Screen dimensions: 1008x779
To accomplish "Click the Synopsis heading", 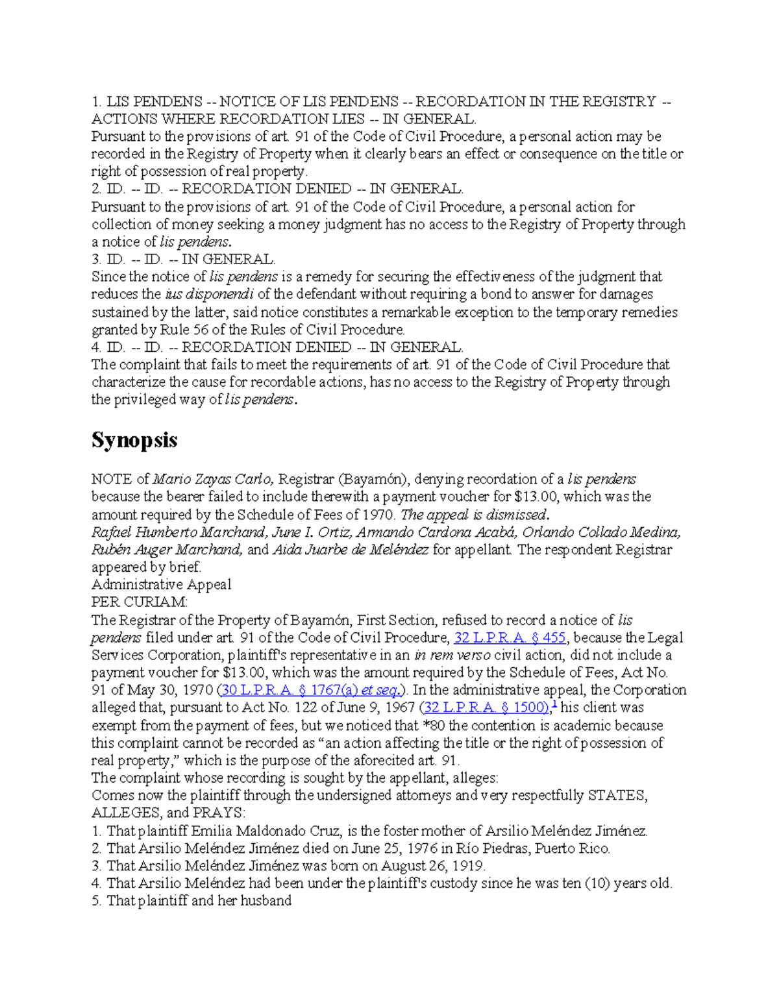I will coord(134,441).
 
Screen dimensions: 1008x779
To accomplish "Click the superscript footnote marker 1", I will coord(554,704).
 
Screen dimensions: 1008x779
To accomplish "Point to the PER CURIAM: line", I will coord(139,602).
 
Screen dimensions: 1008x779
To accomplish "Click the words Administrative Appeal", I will coord(161,585).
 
